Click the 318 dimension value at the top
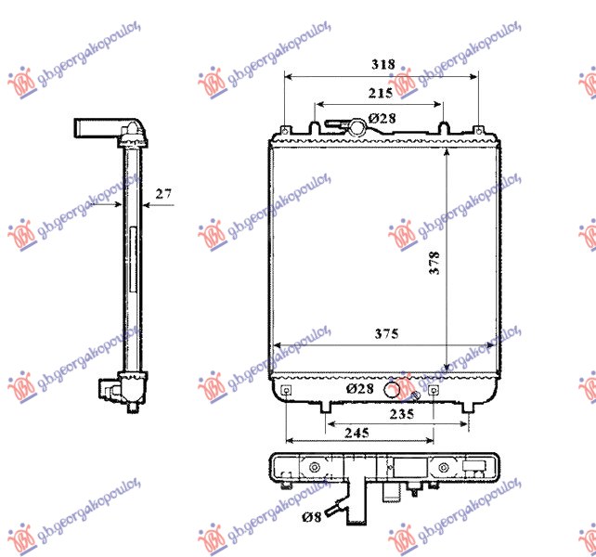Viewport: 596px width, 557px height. [382, 65]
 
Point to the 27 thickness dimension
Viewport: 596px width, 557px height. [163, 194]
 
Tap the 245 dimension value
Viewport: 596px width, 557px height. [356, 433]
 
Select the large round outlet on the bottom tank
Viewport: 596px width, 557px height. [400, 385]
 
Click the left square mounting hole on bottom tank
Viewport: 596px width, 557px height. [287, 390]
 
